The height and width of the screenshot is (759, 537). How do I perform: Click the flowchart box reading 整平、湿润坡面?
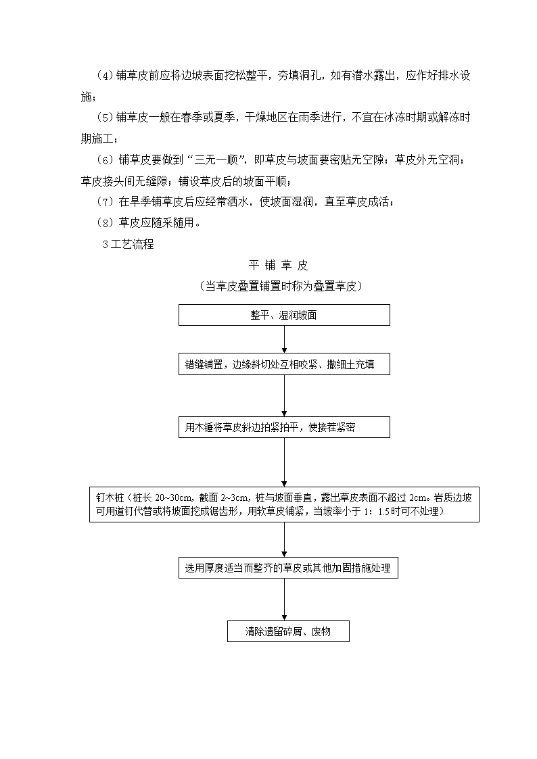pos(284,315)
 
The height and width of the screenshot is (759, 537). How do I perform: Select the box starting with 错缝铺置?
pos(284,364)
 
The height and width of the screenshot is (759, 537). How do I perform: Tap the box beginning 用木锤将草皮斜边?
pos(284,427)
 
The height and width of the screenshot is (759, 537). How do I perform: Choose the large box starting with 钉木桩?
pos(284,504)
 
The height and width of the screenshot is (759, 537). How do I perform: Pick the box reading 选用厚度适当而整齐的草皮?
pos(288,567)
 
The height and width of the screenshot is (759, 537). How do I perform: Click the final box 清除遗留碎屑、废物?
pos(288,631)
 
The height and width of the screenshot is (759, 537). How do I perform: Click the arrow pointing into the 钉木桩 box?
pos(284,462)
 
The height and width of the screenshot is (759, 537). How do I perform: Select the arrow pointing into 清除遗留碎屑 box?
pos(284,599)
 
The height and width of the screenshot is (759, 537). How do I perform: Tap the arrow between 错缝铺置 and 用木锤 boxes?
pos(284,395)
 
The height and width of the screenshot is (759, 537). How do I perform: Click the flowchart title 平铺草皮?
pos(279,265)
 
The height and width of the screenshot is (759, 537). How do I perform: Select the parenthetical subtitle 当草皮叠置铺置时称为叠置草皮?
pos(281,286)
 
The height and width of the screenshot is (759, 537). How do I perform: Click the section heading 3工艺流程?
pos(129,244)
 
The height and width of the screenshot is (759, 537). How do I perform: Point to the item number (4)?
pos(105,76)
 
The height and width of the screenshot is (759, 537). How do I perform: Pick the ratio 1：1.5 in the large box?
pos(376,512)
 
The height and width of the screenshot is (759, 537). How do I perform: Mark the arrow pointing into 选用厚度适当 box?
pos(284,540)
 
